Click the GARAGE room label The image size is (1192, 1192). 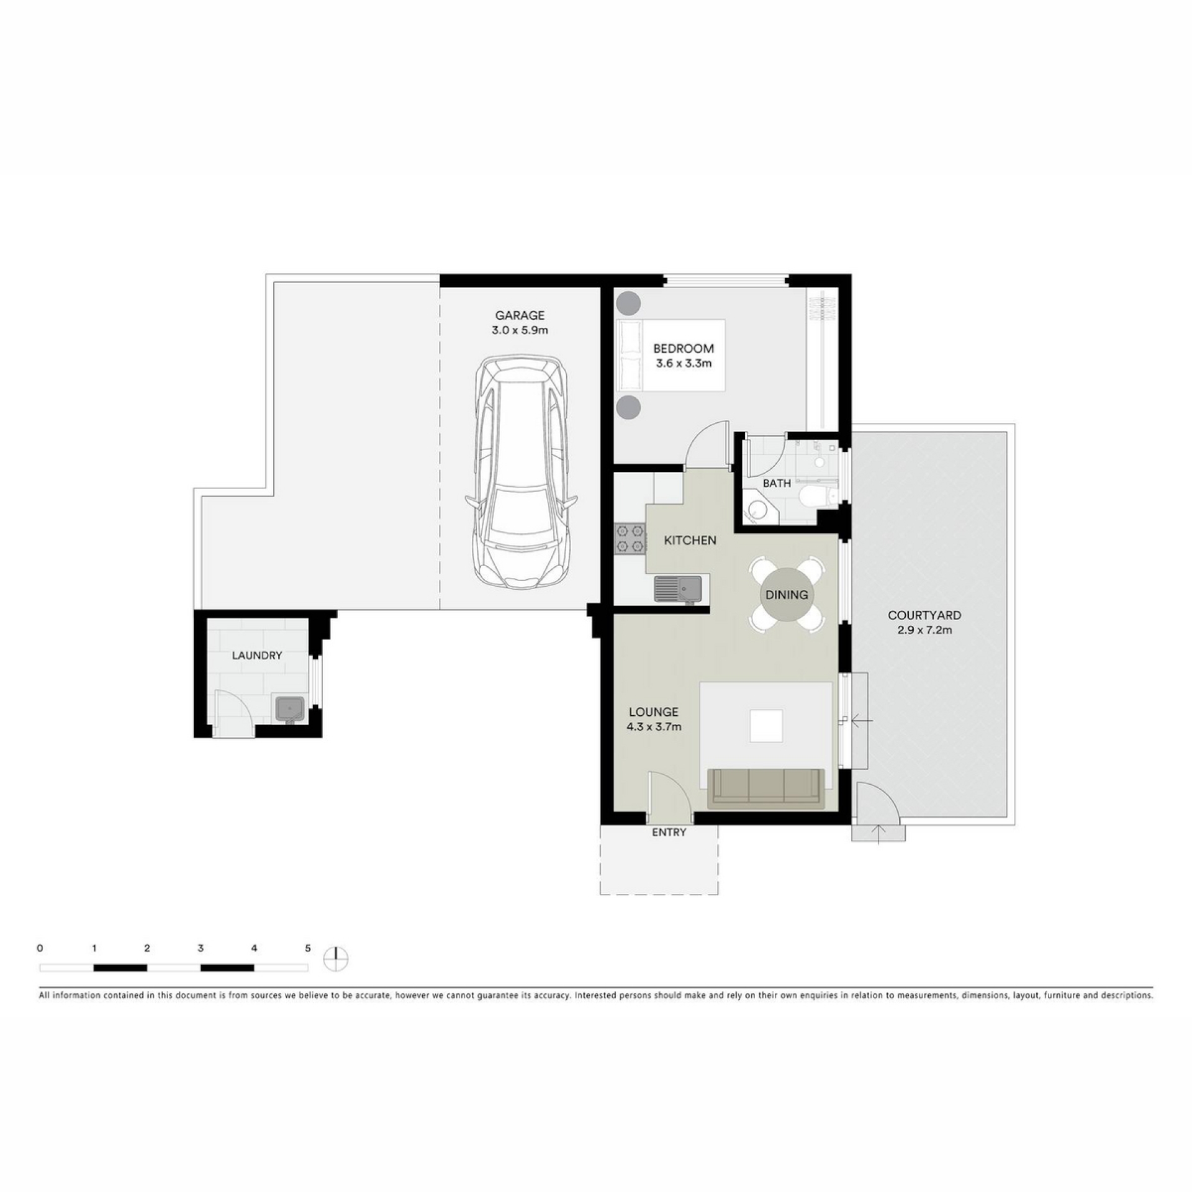point(520,315)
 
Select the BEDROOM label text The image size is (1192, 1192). point(684,349)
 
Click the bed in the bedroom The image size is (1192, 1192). point(670,355)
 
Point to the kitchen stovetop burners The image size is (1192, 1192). point(630,539)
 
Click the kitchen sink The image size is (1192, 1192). point(678,589)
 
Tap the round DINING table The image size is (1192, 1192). point(787,595)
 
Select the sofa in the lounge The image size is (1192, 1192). point(766,788)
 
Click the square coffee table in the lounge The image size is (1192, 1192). point(766,726)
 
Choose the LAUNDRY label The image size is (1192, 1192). point(257,655)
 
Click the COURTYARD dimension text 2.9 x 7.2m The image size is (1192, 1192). point(924,630)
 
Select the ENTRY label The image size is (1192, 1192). point(669,833)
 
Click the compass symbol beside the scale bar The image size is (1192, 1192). point(336,959)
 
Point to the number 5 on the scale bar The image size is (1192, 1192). point(307,948)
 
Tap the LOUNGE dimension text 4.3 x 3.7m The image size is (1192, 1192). point(654,726)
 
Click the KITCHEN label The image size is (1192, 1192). point(690,540)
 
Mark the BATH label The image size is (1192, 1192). point(777,483)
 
